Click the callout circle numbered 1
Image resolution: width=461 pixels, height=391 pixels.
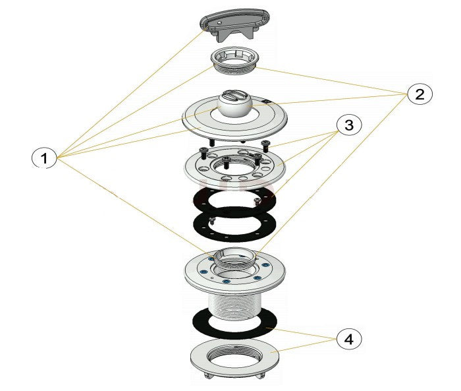tap(44, 158)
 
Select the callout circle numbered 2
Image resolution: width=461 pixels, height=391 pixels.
tap(420, 94)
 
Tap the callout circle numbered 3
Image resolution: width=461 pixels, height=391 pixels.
tap(349, 125)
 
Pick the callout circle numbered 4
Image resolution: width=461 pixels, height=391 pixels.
tap(349, 340)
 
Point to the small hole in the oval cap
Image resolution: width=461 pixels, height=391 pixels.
tap(219, 22)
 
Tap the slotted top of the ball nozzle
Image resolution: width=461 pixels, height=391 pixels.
tap(234, 96)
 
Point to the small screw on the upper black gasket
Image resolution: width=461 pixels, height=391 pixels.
tap(258, 201)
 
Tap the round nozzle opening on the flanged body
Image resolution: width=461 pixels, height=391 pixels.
tap(234, 256)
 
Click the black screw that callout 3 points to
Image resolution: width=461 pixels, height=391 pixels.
tap(265, 146)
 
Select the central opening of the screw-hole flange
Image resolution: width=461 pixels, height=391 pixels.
tap(234, 165)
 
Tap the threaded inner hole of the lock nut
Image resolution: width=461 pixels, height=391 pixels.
tap(234, 355)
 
